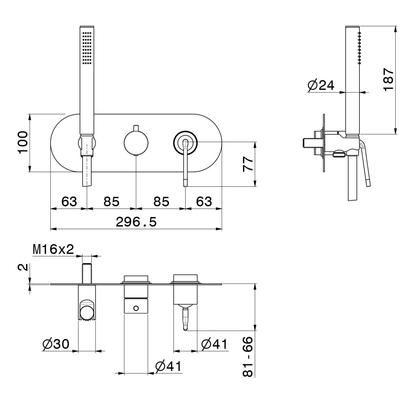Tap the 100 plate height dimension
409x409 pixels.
coord(23,142)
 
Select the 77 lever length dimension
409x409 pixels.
coord(248,164)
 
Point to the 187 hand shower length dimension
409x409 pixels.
coord(388,79)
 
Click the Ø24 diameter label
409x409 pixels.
coord(321,85)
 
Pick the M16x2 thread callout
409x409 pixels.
coord(53,249)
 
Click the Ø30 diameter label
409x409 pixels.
coord(56,344)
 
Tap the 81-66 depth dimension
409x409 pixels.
coord(247,357)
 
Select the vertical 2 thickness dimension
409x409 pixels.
coord(23,267)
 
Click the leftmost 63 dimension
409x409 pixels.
coord(69,201)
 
